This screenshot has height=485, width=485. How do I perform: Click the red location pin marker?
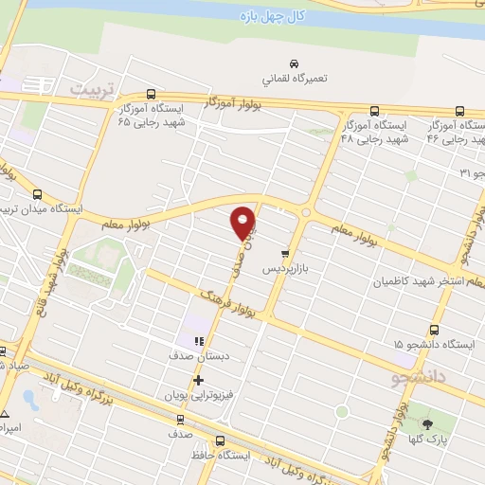[x=244, y=222]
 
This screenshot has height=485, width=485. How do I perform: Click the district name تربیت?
[x=92, y=88]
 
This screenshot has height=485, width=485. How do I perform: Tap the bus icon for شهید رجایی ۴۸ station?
[x=376, y=110]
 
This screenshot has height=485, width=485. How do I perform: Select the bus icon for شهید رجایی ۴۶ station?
[x=459, y=110]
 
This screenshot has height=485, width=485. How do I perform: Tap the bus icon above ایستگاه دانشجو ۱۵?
[x=434, y=330]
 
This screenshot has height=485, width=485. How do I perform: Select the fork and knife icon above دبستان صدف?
[x=198, y=342]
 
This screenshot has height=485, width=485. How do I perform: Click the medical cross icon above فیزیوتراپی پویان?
[x=198, y=381]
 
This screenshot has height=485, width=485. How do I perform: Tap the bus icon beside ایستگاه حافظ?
[x=221, y=440]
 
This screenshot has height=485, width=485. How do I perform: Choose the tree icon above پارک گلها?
[x=428, y=424]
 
